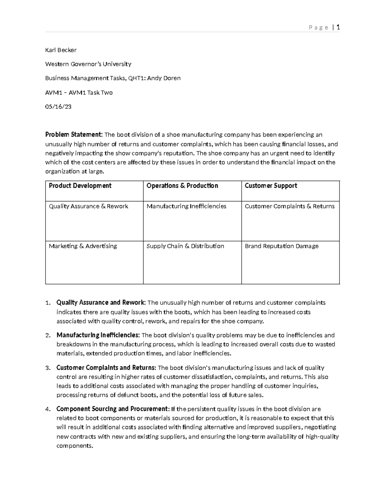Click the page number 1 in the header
(x=338, y=27)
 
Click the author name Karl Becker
(x=61, y=50)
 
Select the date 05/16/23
(x=58, y=106)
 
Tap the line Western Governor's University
(x=88, y=64)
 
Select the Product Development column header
(x=80, y=186)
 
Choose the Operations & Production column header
(x=182, y=186)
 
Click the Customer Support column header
(x=271, y=186)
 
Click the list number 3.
(x=47, y=368)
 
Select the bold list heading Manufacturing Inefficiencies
(x=98, y=335)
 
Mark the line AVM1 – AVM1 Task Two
(x=79, y=93)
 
